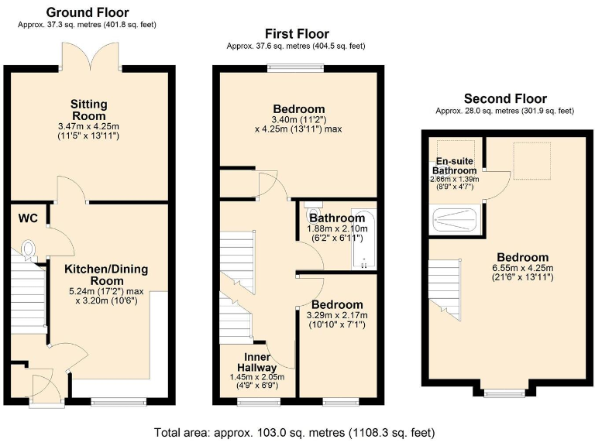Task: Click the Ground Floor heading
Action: click(x=87, y=12)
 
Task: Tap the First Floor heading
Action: click(x=297, y=34)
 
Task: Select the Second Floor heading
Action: click(x=505, y=98)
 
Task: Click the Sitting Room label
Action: click(x=88, y=110)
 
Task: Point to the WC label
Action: click(x=28, y=218)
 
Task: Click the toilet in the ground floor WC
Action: click(x=29, y=249)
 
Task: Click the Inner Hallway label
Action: click(x=257, y=362)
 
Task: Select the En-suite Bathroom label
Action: click(x=455, y=166)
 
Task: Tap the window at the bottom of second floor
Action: click(x=502, y=393)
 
